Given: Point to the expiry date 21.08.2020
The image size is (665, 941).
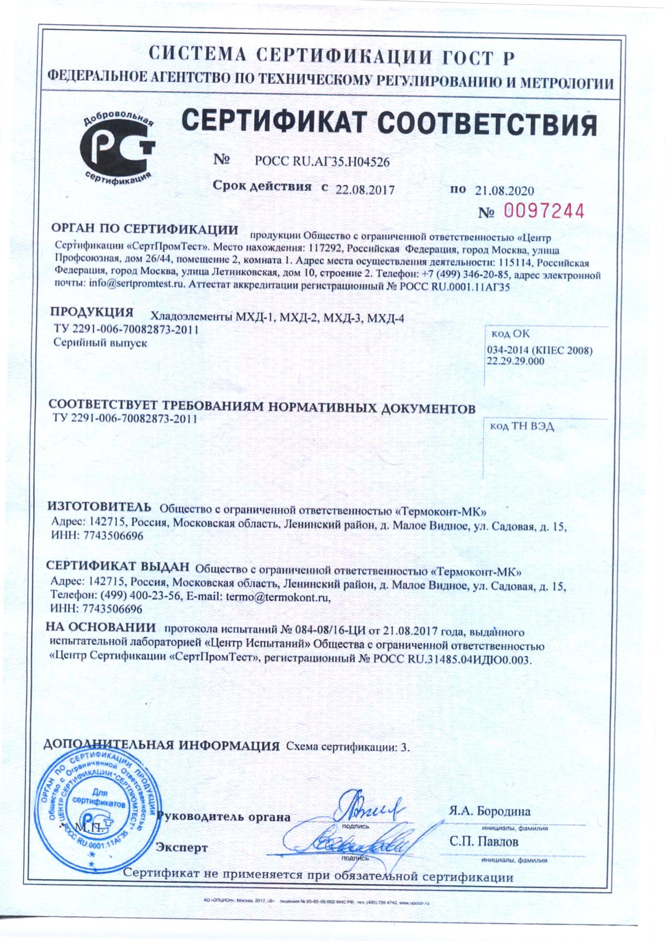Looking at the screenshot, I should (x=505, y=190).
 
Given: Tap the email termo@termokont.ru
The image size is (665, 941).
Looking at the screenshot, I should (x=278, y=597).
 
